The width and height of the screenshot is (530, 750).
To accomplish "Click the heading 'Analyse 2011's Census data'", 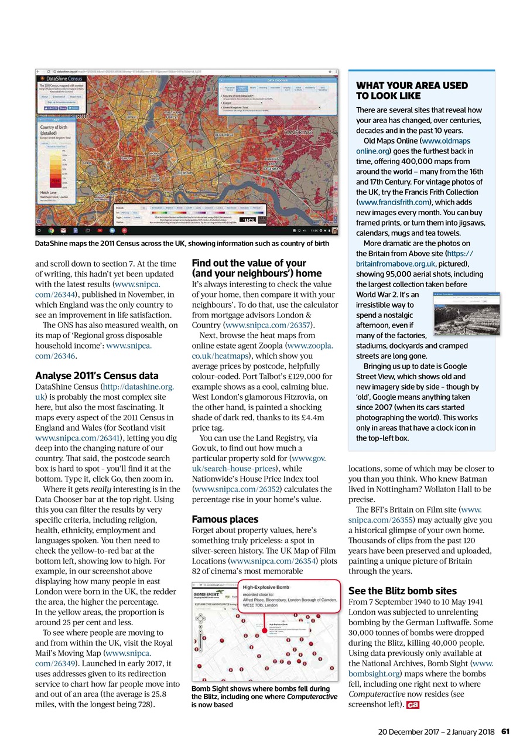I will tap(97, 376).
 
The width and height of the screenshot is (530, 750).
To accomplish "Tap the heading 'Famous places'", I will tap(225, 519).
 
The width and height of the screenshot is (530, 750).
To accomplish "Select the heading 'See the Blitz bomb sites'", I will tap(402, 591).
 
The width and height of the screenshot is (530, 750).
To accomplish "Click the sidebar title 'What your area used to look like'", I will tap(412, 91).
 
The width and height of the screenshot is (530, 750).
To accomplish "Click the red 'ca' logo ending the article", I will tap(412, 705).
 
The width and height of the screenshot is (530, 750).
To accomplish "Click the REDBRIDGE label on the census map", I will tap(225, 135).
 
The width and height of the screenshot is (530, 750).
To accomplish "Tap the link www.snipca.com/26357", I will tap(269, 325).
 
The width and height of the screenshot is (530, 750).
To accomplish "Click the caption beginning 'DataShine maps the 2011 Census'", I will tap(182, 243).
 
